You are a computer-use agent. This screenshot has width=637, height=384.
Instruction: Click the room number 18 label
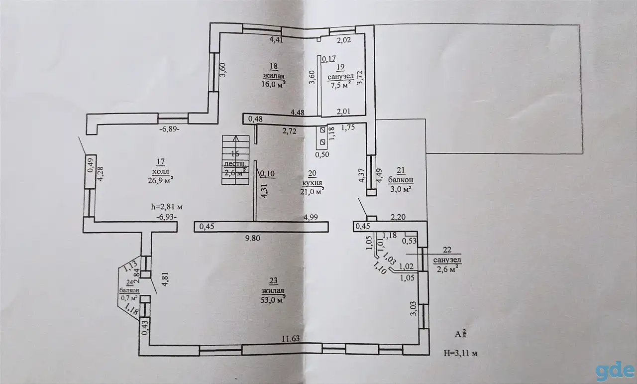[x=274, y=66]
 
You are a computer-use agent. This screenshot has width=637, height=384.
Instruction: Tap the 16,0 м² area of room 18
[x=274, y=84]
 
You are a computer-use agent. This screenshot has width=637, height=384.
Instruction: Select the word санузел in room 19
[x=341, y=77]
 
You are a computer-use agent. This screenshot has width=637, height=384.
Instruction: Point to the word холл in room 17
[x=161, y=172]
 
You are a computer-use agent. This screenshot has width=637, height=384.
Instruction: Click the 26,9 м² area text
[x=161, y=180]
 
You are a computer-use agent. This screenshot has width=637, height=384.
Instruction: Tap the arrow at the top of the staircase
[x=235, y=138]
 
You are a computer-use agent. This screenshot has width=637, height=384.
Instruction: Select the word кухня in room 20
[x=312, y=182]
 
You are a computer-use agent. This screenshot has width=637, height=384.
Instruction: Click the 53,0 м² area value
[x=273, y=299]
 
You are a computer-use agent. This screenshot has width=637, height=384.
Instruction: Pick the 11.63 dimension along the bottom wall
[x=291, y=339]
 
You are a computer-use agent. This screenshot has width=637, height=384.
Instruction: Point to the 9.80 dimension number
[x=253, y=238]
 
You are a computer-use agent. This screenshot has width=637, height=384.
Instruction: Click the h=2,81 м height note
[x=167, y=207]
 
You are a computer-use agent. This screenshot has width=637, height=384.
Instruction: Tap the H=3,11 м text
[x=461, y=354]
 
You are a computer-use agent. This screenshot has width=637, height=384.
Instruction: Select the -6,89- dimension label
[x=170, y=129]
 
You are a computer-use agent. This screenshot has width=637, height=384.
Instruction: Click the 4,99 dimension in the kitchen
[x=311, y=217]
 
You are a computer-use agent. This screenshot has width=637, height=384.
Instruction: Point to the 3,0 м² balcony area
[x=401, y=189]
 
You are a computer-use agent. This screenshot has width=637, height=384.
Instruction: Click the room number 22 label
[x=447, y=250]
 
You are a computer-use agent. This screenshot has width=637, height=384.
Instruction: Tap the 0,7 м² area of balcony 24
[x=129, y=298]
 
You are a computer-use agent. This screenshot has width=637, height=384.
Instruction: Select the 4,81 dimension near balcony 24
[x=166, y=279]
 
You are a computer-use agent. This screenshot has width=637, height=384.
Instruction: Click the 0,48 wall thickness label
[x=255, y=119]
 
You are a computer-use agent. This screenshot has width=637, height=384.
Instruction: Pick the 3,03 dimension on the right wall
[x=413, y=309]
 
